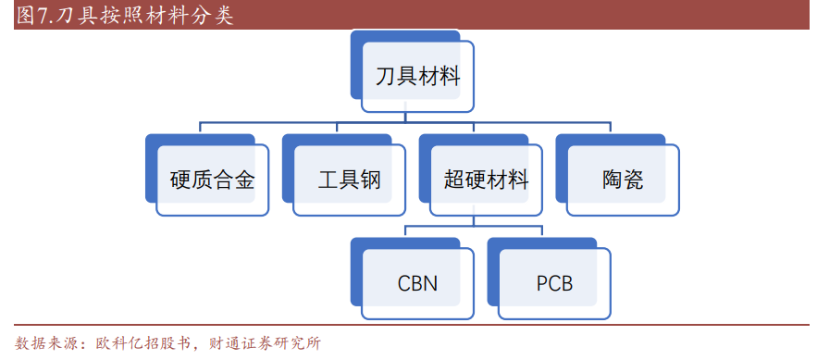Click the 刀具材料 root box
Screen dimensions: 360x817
417,77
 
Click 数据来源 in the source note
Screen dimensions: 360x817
47,343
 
